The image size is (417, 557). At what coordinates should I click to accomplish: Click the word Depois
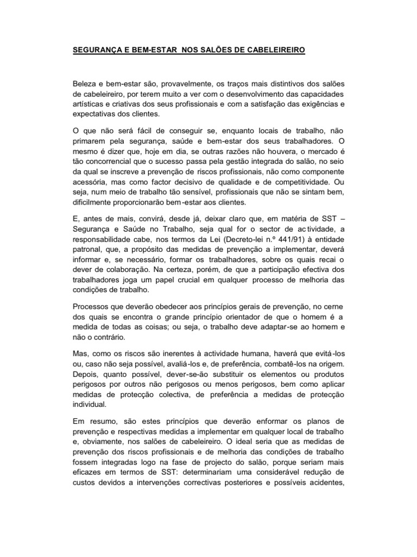[x=86, y=374]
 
